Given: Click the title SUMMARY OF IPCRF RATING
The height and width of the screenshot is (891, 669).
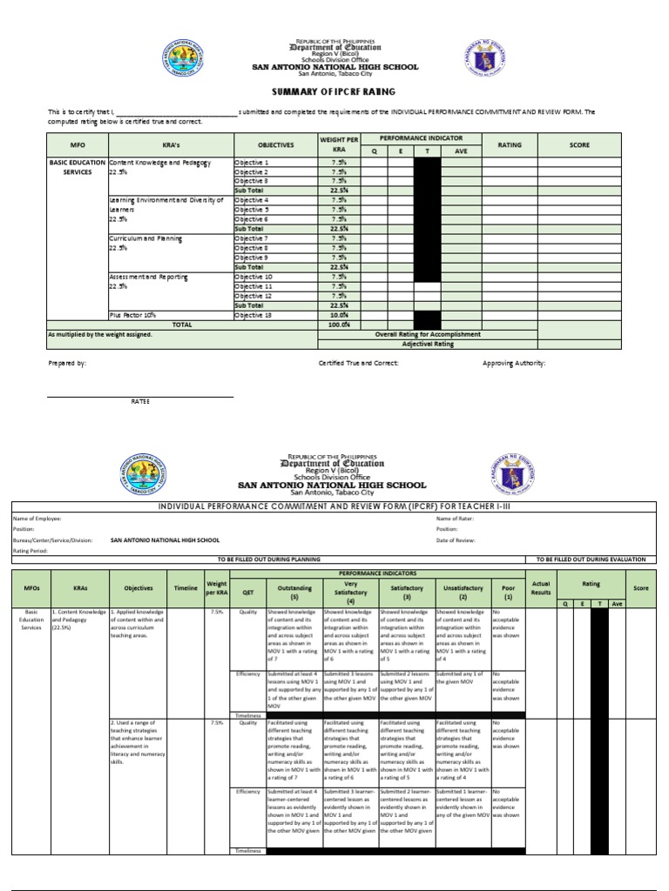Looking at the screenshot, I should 334,91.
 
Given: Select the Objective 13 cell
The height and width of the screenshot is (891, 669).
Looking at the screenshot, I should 252,315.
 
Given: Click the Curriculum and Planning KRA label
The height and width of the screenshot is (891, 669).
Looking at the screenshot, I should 145,238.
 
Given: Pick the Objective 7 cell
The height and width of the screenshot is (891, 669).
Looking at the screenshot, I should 252,238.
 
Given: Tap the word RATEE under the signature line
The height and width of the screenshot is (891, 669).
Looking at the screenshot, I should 140,401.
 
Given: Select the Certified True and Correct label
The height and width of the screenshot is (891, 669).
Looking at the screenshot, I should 358,363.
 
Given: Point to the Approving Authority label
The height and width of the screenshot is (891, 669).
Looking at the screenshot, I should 514,363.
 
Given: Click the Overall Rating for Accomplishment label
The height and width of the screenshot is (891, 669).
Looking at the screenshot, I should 428,334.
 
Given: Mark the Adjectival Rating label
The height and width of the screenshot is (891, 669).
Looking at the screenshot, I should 428,344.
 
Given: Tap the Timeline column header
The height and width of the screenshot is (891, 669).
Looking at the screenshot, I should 185,588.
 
